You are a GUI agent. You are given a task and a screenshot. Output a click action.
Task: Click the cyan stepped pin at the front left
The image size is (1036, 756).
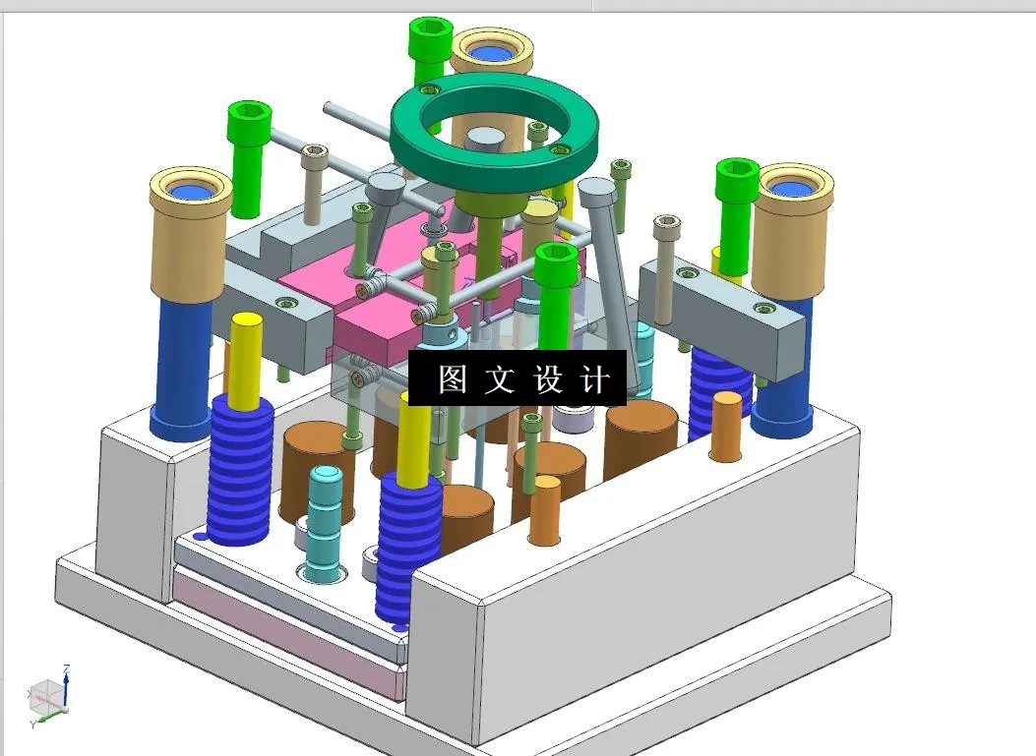[x=326, y=521]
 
